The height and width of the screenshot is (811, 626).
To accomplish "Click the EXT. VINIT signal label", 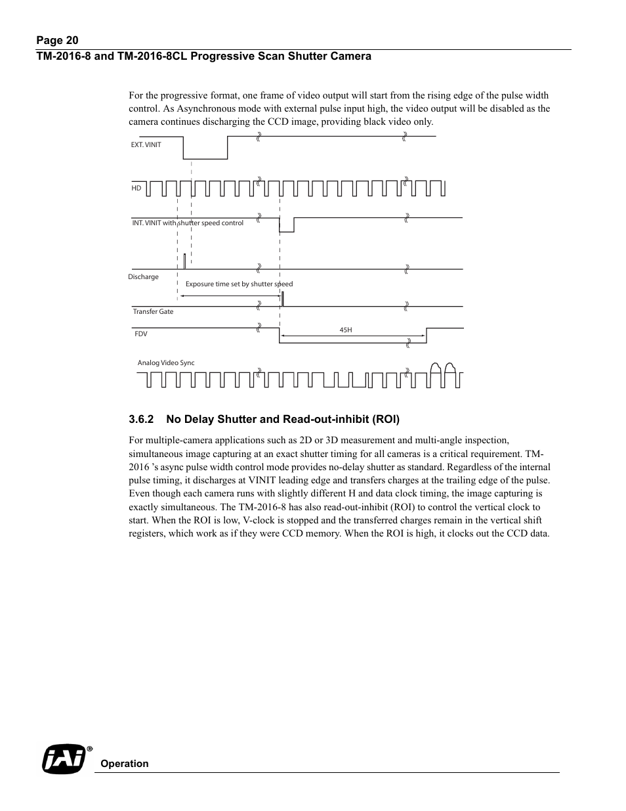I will click(x=146, y=145).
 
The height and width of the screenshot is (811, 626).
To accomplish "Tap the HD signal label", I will click(x=136, y=188).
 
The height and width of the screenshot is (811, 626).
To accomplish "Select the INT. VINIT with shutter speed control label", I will click(x=188, y=223).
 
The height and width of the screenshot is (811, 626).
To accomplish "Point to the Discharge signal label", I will click(x=143, y=277).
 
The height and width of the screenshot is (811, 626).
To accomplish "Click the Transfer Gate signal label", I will click(x=153, y=312).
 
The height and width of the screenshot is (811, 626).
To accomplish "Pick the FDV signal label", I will click(x=141, y=334).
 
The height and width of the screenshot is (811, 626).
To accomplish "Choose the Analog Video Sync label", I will click(x=166, y=363).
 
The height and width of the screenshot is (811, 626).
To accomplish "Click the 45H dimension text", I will click(x=346, y=330).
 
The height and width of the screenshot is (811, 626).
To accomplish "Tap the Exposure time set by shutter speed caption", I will click(x=239, y=284).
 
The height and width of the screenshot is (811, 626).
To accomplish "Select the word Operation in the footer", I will click(x=125, y=764).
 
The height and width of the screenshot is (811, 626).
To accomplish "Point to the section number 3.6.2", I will click(x=141, y=419).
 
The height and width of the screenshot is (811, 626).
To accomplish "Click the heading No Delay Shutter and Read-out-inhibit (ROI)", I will click(x=283, y=419).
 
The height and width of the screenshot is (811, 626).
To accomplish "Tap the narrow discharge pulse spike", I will click(x=184, y=261).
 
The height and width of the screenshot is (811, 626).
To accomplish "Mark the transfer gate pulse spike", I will click(x=282, y=299).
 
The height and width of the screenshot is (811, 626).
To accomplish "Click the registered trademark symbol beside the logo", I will click(x=89, y=749).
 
